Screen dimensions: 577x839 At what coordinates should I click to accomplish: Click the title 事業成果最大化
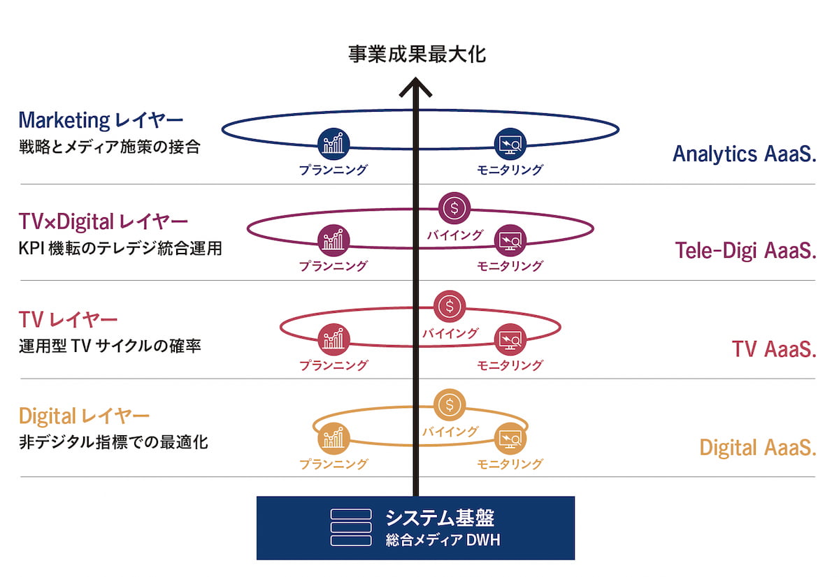point(417,54)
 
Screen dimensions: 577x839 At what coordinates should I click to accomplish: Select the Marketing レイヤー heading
point(101,120)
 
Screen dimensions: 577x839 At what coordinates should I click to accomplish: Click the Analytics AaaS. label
point(745,154)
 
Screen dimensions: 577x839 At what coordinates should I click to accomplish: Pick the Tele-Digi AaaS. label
point(746,251)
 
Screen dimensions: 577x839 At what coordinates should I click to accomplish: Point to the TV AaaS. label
point(774,349)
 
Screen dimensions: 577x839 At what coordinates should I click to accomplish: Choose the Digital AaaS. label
point(758,448)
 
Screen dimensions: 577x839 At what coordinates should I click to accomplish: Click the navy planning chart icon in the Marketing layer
point(333,143)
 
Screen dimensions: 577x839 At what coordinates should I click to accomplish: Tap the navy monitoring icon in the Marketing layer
point(509,143)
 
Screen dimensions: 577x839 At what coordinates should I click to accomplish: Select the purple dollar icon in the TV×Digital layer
point(455,207)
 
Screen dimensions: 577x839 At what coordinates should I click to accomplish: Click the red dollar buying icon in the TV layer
point(450,305)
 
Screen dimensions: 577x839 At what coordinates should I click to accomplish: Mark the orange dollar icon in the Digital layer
point(450,404)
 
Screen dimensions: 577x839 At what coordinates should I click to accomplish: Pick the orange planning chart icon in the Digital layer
point(333,438)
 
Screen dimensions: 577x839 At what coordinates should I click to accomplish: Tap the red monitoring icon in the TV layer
point(509,339)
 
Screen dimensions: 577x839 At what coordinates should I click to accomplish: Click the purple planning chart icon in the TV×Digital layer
point(333,241)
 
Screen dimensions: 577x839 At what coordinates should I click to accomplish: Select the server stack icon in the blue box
point(351,527)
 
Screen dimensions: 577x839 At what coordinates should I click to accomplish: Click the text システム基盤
point(439,518)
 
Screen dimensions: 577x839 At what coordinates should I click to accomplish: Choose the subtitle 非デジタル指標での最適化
point(113,442)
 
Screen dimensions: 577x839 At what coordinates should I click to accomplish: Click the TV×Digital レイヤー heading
point(103,223)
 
